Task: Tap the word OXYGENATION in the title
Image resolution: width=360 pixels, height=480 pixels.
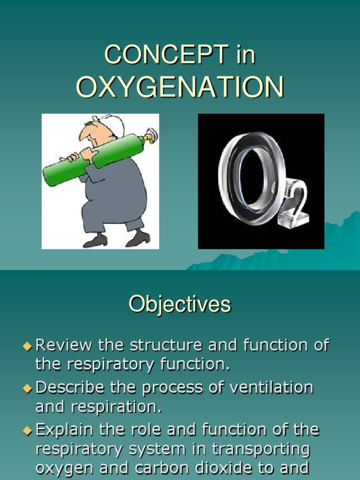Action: (180, 87)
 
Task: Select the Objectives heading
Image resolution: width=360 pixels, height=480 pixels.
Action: (180, 304)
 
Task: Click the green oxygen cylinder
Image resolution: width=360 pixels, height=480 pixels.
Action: (94, 157)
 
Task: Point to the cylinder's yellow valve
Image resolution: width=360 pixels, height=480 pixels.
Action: (151, 136)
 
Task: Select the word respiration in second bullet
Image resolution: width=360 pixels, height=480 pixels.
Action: (116, 407)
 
